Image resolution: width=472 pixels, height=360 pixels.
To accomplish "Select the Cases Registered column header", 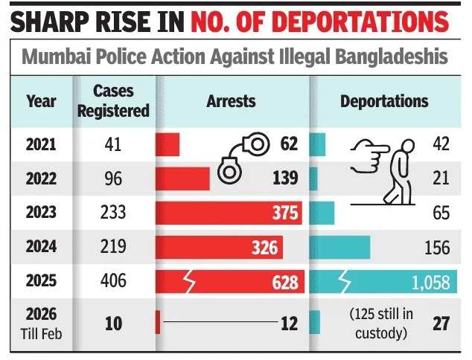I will click(x=121, y=100).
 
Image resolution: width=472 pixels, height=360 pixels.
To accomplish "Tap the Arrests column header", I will click(x=231, y=100).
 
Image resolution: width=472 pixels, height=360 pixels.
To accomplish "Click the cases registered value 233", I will click(x=115, y=213).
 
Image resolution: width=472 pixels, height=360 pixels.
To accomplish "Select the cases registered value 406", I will click(x=115, y=281).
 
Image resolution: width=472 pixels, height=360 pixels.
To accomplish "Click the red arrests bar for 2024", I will click(x=219, y=247).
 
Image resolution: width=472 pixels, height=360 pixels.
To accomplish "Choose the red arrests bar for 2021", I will click(x=168, y=144).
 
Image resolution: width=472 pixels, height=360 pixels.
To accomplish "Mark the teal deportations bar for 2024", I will click(x=339, y=247).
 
